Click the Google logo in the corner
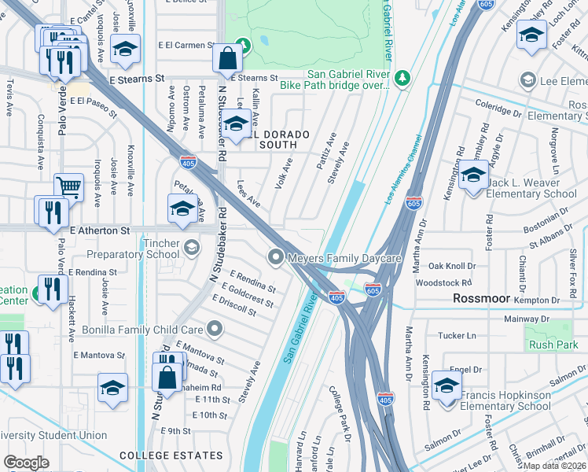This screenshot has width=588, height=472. click(x=26, y=463)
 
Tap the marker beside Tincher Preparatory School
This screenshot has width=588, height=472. click(x=191, y=249)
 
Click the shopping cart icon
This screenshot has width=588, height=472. click(x=69, y=186)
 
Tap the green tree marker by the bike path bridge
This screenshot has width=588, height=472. click(x=402, y=77)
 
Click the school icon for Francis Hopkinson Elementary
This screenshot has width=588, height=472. click(x=447, y=385)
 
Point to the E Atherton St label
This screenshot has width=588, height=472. click(x=99, y=230)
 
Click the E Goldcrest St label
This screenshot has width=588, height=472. click(x=248, y=297)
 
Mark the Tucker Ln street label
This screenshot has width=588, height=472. click(x=457, y=335)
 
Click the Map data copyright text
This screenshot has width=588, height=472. click(x=554, y=466)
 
